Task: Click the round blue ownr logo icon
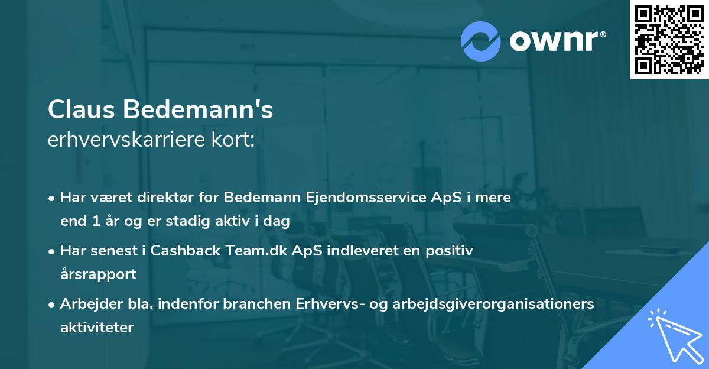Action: [x=481, y=40]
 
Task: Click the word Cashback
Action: [x=186, y=250]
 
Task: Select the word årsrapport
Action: [x=98, y=274]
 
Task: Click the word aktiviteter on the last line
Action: [x=97, y=327]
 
